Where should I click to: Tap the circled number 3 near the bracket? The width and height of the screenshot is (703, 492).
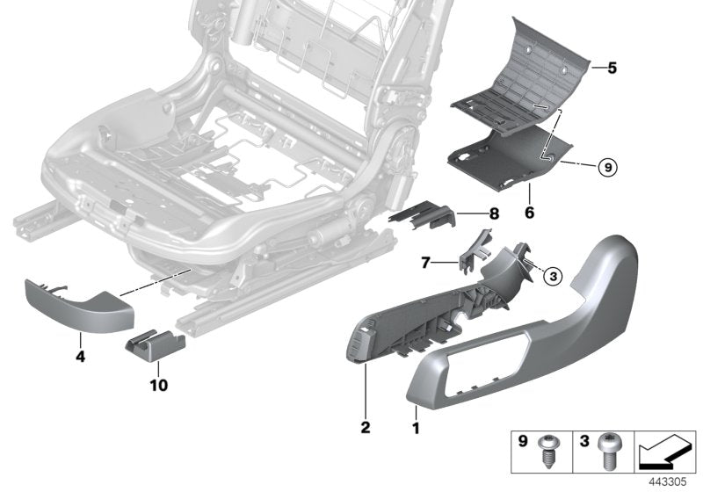552,277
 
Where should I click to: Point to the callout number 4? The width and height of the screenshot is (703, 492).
80,358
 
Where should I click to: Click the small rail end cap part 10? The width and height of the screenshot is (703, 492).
154,346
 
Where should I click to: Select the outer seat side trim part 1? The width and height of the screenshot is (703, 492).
545,334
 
